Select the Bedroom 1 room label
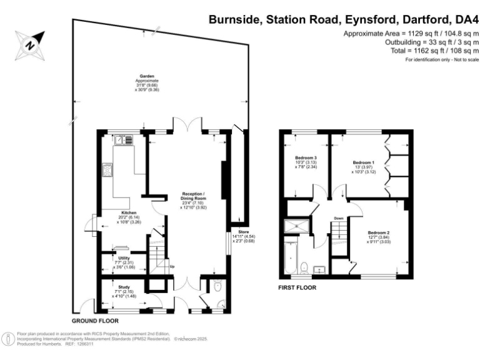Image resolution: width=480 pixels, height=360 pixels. click(x=363, y=161)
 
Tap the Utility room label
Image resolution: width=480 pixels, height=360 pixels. click(x=124, y=257)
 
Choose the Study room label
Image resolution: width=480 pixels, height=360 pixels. click(x=124, y=287)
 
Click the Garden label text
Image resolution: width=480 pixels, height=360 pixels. click(x=147, y=77)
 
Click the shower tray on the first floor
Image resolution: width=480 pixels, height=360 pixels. click(x=292, y=227)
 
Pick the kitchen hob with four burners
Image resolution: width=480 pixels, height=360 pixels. click(x=108, y=169)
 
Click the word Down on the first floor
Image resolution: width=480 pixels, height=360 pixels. click(x=338, y=218)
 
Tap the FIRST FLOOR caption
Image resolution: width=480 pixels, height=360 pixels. click(x=297, y=288)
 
